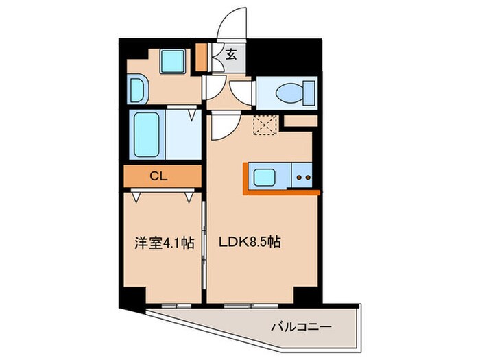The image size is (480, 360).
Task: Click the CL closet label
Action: point(158,176)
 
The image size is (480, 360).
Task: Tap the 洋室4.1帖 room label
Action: point(165,243)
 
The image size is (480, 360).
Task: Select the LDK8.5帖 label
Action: point(250,242)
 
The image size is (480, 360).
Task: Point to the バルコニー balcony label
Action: point(301,327)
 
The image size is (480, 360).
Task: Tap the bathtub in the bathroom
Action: point(147,134)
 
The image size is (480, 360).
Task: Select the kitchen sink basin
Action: point(264,177)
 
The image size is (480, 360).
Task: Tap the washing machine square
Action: point(172,61)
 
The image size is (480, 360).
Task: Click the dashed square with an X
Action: point(265,125)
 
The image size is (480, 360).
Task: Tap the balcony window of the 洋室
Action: point(176,306)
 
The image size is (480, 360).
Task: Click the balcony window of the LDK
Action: point(251,306)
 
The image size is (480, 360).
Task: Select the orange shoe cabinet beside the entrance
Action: point(201,57)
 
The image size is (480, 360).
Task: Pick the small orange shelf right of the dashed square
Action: point(300,121)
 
